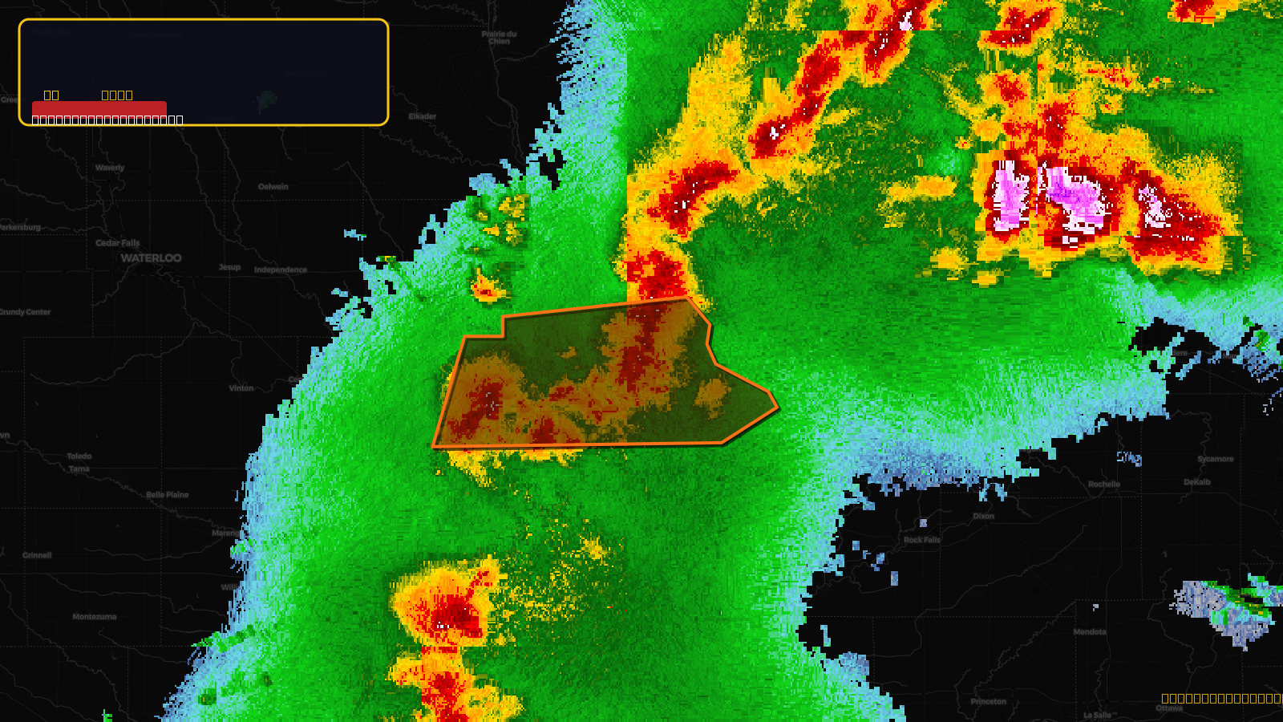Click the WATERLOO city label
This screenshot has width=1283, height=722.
(x=151, y=258)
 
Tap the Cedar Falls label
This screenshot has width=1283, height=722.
(x=117, y=243)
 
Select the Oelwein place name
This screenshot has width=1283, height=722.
(x=273, y=187)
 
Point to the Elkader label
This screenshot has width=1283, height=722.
(x=422, y=117)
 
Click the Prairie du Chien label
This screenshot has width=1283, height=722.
(x=499, y=37)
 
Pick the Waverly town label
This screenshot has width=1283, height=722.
(x=110, y=168)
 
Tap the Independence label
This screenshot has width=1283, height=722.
(x=281, y=270)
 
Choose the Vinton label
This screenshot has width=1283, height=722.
(x=241, y=388)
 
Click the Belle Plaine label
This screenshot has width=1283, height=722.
(x=168, y=495)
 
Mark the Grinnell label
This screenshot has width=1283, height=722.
(x=37, y=555)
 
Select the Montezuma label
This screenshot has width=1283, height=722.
(x=94, y=617)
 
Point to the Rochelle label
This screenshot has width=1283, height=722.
(x=1104, y=485)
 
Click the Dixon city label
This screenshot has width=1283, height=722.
(x=983, y=517)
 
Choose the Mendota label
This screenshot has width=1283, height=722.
(x=1090, y=632)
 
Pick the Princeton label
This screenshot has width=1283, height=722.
(x=988, y=702)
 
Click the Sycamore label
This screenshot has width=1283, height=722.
(x=1216, y=460)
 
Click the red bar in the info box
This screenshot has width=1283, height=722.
(x=99, y=108)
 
